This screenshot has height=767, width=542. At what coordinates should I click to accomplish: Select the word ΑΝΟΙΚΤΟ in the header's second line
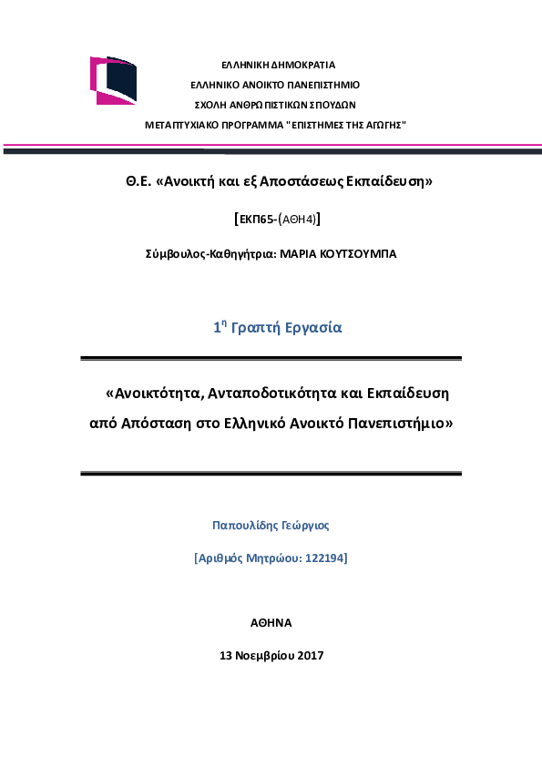257,85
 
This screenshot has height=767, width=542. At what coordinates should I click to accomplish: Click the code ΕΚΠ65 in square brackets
259,219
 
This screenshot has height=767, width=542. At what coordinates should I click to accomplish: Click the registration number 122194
325,557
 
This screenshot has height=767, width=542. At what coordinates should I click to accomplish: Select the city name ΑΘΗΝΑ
271,623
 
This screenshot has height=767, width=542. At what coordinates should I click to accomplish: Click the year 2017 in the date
311,655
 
